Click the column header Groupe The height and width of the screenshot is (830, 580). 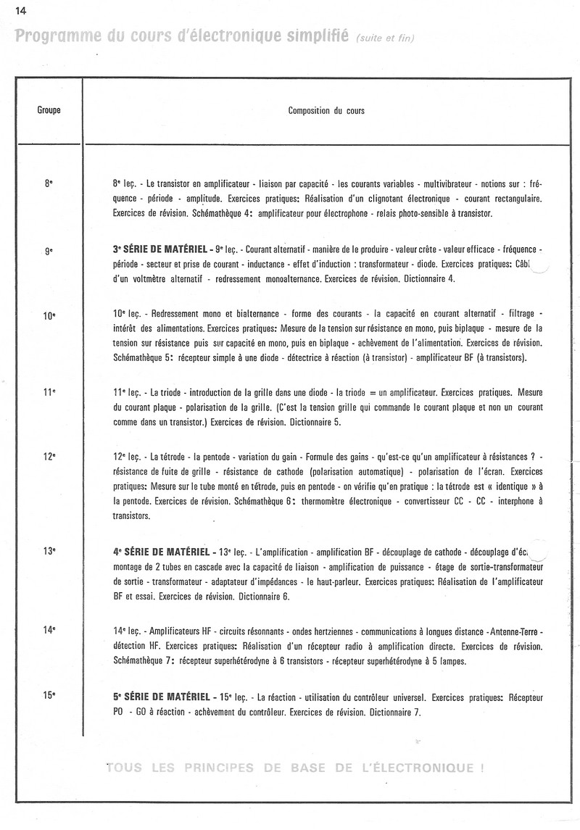point(48,111)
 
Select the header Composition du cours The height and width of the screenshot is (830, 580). point(326,111)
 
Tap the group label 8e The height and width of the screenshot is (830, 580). point(49,184)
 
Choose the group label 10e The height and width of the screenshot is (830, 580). point(49,316)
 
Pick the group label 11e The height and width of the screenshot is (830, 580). point(49,392)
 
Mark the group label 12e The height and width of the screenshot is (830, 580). point(49,457)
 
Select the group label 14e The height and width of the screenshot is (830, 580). point(49,630)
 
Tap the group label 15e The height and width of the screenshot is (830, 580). point(49,696)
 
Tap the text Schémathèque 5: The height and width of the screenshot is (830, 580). point(143,358)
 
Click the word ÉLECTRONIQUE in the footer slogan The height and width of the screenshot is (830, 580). point(420,767)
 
